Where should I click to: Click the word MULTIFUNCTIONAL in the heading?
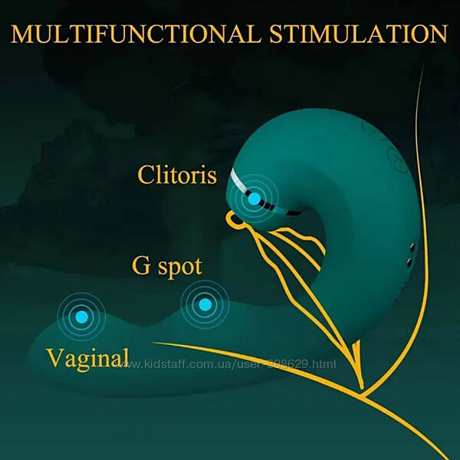[x=136, y=34]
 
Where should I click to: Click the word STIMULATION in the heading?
[x=359, y=34]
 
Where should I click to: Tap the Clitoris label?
[x=177, y=175]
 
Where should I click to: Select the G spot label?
[x=167, y=267]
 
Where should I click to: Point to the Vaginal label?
[x=87, y=359]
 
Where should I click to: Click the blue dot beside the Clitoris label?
[x=254, y=199]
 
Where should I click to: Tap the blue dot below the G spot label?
[x=205, y=304]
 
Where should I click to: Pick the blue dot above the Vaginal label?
[x=81, y=317]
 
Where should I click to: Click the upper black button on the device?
[x=412, y=247]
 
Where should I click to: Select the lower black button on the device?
[x=409, y=261]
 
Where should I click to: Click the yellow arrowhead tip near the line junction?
[x=362, y=388]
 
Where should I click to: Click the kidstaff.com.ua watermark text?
[x=226, y=364]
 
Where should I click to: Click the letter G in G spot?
[x=141, y=266]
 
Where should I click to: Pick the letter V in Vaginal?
[x=55, y=357]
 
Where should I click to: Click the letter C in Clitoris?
[x=146, y=175]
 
